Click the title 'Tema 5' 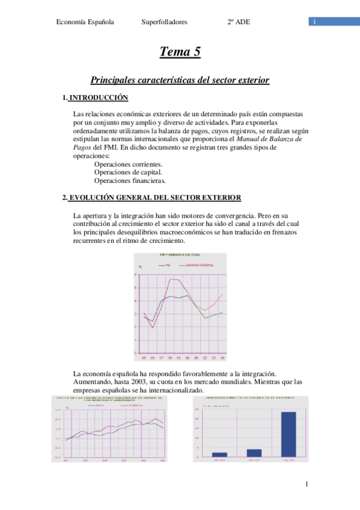point(180,53)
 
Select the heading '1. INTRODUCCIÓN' point(96,97)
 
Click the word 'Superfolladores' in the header point(164,22)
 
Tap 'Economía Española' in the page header point(85,22)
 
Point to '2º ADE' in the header point(239,22)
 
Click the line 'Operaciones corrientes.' point(128,164)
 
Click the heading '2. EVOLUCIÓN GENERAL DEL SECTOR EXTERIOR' point(152,197)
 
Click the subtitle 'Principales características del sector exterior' point(180,79)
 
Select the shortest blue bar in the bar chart point(220,454)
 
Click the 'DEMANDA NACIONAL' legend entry point(200,264)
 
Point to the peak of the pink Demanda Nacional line point(174,279)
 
